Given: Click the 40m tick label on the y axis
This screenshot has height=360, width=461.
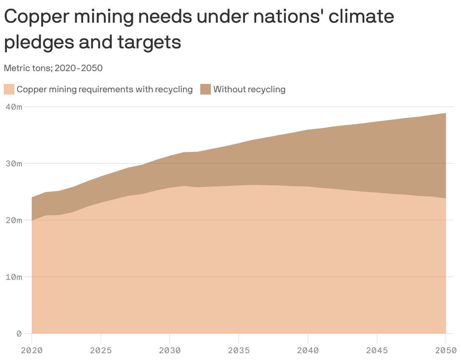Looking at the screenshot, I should [14, 107].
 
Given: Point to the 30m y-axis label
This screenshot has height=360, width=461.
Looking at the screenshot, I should [14, 163].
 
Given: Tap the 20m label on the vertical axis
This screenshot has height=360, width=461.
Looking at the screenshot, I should [14, 220].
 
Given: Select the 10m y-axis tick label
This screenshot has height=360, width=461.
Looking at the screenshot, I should [14, 277].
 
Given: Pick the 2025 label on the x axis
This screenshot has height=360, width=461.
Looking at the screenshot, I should [101, 350].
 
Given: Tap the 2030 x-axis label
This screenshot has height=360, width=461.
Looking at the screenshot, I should [170, 350].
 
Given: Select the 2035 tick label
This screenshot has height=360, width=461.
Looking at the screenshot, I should [239, 350].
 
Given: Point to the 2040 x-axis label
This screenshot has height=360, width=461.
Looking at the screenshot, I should [308, 350].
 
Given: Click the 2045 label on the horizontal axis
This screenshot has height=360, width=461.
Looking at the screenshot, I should [377, 350].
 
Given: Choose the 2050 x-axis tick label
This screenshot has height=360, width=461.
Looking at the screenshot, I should [446, 350].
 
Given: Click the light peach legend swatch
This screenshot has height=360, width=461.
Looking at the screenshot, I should [9, 90].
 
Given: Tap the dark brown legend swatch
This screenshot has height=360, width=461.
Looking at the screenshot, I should [205, 90].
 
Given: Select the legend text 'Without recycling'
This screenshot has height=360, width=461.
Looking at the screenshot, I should [249, 90].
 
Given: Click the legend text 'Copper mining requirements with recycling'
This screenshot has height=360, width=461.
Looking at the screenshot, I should [105, 90].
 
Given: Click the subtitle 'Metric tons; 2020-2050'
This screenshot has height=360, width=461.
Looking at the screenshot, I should [53, 68].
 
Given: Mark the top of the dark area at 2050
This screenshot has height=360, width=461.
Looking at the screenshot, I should [446, 113].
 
